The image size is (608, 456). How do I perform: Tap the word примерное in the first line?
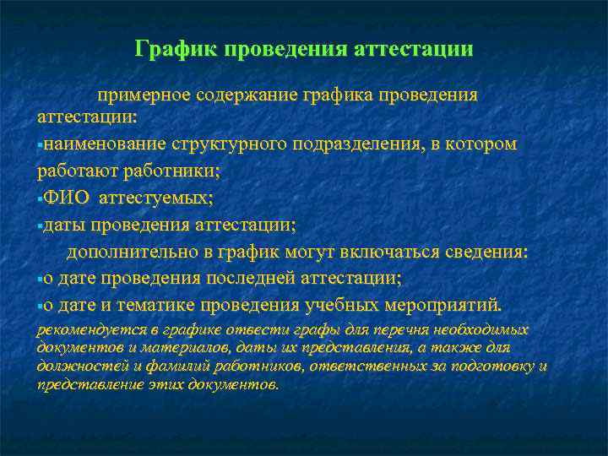[143, 95]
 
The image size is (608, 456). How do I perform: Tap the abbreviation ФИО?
[67, 198]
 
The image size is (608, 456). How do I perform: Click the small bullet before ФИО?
[40, 199]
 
